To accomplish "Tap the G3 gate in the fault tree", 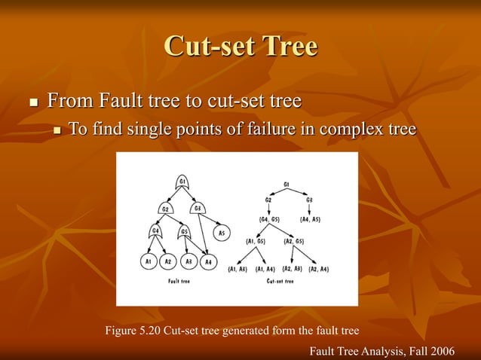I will click(x=198, y=207).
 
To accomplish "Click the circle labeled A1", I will click(x=149, y=261).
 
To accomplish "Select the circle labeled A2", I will click(x=169, y=261).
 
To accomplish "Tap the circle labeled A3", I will click(x=189, y=261).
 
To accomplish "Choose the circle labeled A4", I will click(x=209, y=261).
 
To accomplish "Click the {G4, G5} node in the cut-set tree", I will click(x=269, y=219).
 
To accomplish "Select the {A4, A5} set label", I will click(x=311, y=219).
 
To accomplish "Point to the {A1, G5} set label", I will click(x=257, y=241).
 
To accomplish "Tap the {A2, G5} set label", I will click(x=293, y=241).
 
